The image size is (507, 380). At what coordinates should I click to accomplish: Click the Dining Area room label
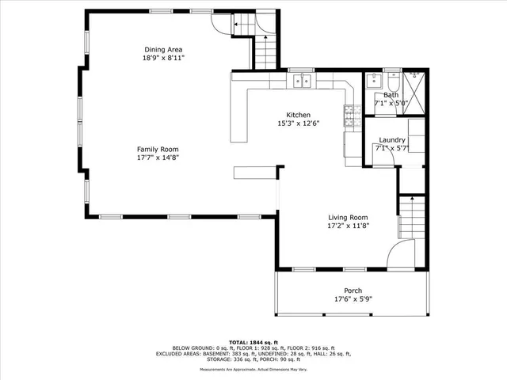(x=163, y=49)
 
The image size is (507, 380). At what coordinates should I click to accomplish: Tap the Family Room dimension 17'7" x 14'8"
(x=158, y=158)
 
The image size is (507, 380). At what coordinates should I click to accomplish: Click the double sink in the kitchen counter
(x=301, y=80)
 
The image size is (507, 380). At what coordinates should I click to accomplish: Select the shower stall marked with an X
(x=414, y=84)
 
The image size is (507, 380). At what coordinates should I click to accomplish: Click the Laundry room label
(x=391, y=139)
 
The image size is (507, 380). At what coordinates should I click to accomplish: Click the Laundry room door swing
(x=385, y=159)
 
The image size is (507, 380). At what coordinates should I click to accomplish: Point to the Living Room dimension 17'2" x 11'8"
(x=349, y=226)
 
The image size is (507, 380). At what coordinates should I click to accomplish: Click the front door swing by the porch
(x=402, y=255)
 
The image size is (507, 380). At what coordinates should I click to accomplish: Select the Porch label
(x=353, y=291)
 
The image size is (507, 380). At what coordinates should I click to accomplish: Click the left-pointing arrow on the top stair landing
(x=238, y=26)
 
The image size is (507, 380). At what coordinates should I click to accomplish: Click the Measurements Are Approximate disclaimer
(x=253, y=370)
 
